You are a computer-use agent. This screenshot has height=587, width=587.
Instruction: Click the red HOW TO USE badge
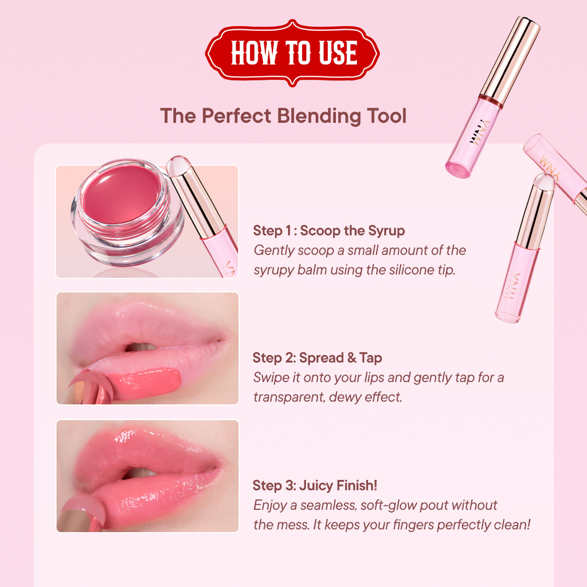pyautogui.click(x=292, y=53)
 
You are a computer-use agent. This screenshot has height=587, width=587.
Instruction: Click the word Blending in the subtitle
pyautogui.click(x=319, y=116)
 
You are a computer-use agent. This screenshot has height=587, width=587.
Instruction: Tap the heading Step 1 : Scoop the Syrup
pyautogui.click(x=328, y=230)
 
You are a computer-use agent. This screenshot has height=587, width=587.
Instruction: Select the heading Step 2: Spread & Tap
pyautogui.click(x=318, y=358)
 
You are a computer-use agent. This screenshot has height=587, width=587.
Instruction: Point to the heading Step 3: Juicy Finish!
pyautogui.click(x=315, y=486)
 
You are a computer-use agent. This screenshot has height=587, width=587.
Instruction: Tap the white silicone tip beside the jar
pyautogui.click(x=177, y=165)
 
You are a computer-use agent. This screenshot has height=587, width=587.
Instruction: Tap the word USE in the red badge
pyautogui.click(x=338, y=53)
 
